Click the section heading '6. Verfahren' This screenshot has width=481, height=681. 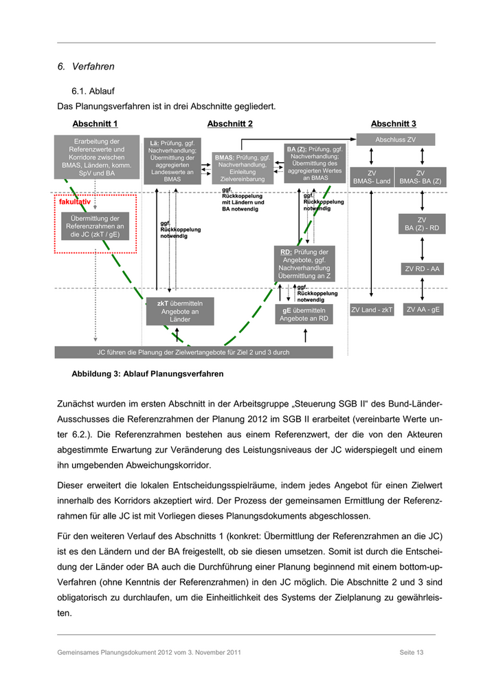click(86, 67)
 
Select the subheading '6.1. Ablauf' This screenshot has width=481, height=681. click(93, 91)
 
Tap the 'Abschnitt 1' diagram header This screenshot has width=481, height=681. click(95, 124)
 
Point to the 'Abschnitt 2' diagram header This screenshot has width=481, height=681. click(230, 124)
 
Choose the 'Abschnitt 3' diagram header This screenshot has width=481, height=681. click(393, 124)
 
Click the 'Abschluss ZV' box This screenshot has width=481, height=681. click(395, 140)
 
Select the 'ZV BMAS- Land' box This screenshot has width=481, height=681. click(372, 177)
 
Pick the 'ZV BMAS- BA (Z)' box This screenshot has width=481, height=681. click(421, 177)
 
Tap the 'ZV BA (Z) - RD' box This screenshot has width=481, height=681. click(421, 224)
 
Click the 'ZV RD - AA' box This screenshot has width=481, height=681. click(421, 269)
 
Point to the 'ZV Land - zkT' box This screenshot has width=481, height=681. click(372, 310)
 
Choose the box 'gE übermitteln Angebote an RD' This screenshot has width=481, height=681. click(304, 314)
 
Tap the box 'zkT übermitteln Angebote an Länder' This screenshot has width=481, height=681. click(180, 311)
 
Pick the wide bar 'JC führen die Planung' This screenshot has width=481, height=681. click(194, 352)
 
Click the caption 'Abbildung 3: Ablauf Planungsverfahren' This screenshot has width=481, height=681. click(147, 374)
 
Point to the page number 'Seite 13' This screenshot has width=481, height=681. click(411, 651)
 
